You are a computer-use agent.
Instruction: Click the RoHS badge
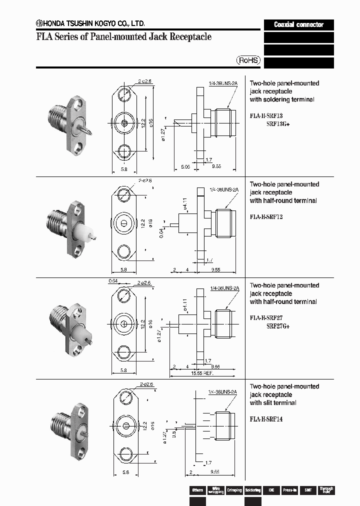248,60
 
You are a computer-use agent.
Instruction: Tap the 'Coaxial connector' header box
298,24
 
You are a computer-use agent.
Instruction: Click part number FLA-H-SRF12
266,216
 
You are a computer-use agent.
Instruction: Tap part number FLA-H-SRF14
266,419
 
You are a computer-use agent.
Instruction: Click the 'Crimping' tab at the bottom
234,490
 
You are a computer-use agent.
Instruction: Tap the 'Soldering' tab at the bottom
252,490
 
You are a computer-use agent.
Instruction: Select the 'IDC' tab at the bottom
271,490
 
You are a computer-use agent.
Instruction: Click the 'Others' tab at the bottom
197,490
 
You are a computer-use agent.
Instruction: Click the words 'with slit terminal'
273,402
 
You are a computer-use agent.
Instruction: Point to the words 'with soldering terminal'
282,99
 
